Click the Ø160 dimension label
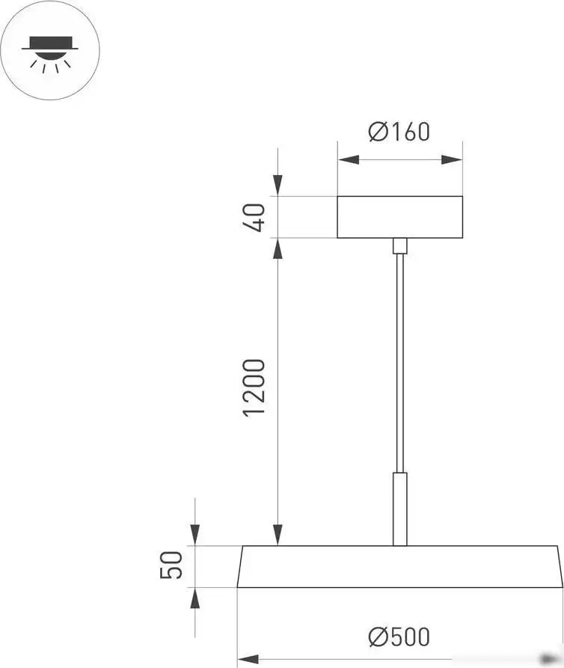pyautogui.click(x=399, y=132)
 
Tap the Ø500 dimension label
pyautogui.click(x=399, y=637)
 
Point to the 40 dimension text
pyautogui.click(x=254, y=217)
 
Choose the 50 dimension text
pyautogui.click(x=171, y=566)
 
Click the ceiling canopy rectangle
pyautogui.click(x=399, y=217)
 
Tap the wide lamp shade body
pyautogui.click(x=399, y=566)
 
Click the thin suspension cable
pyautogui.click(x=400, y=359)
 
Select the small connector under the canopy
pyautogui.click(x=400, y=246)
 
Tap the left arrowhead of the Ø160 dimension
pyautogui.click(x=348, y=159)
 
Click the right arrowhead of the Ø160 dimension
pyautogui.click(x=452, y=159)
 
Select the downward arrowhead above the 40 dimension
pyautogui.click(x=278, y=186)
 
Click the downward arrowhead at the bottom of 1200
pyautogui.click(x=278, y=535)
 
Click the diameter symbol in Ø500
pyautogui.click(x=377, y=637)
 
